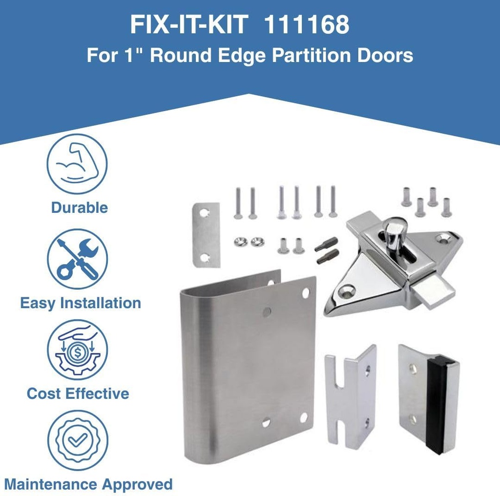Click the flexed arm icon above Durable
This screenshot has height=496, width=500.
point(77,164)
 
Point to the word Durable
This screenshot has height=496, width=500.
point(79,207)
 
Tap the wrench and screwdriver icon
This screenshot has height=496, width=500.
point(77,259)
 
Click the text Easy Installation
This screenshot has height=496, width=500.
point(81,303)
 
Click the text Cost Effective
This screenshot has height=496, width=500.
point(78,393)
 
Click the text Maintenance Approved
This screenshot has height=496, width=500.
point(88,484)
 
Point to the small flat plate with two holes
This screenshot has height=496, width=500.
point(206,235)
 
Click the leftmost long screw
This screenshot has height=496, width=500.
point(238,203)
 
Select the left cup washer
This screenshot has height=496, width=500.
point(240,242)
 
